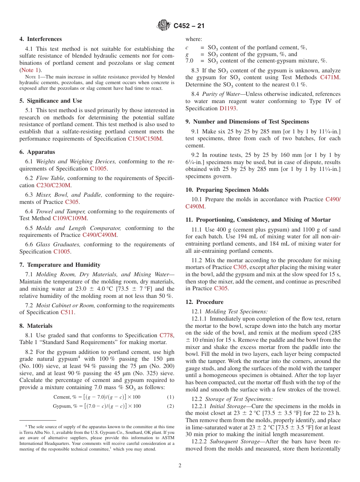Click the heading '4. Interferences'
41,39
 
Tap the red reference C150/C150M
145,139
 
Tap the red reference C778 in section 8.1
166,335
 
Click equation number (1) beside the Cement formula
171,397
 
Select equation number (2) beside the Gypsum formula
171,406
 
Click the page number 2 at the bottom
180,466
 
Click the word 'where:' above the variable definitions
194,39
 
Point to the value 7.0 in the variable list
189,61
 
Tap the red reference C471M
330,78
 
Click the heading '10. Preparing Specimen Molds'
227,190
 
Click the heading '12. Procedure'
204,302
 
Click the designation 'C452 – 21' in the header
189,26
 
